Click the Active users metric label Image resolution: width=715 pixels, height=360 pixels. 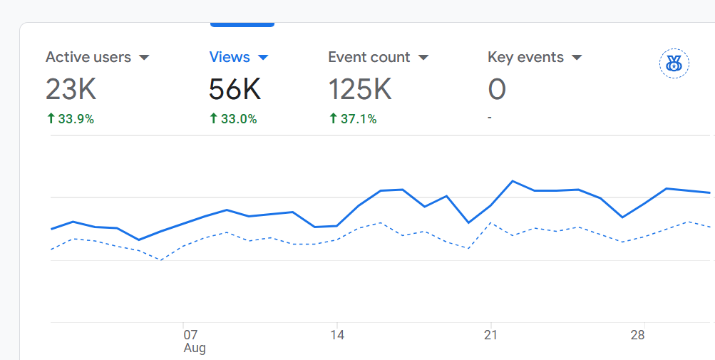(x=88, y=57)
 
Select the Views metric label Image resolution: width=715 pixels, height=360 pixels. (x=230, y=57)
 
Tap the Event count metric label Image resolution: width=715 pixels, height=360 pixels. (x=369, y=57)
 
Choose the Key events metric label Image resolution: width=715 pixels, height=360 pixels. (x=525, y=57)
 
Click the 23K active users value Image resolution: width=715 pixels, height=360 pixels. (x=71, y=90)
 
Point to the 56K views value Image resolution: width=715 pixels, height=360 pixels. (x=235, y=90)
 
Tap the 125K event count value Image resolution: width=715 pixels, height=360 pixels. (x=360, y=90)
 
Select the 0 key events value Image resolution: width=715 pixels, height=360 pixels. (x=497, y=90)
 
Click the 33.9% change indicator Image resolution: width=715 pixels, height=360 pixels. (x=70, y=119)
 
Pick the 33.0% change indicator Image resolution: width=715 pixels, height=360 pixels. (x=233, y=119)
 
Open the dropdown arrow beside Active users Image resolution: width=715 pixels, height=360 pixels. (x=144, y=58)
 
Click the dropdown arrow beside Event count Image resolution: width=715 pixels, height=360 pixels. (x=423, y=58)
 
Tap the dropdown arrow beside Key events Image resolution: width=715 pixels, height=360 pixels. (x=577, y=58)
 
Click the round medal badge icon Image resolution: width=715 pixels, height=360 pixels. (x=674, y=63)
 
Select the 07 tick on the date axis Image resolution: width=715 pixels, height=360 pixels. (x=190, y=334)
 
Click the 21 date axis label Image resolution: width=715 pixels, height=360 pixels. (x=490, y=334)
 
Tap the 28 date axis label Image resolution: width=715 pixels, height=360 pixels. (x=639, y=334)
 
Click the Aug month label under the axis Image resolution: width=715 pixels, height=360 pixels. (x=195, y=349)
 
